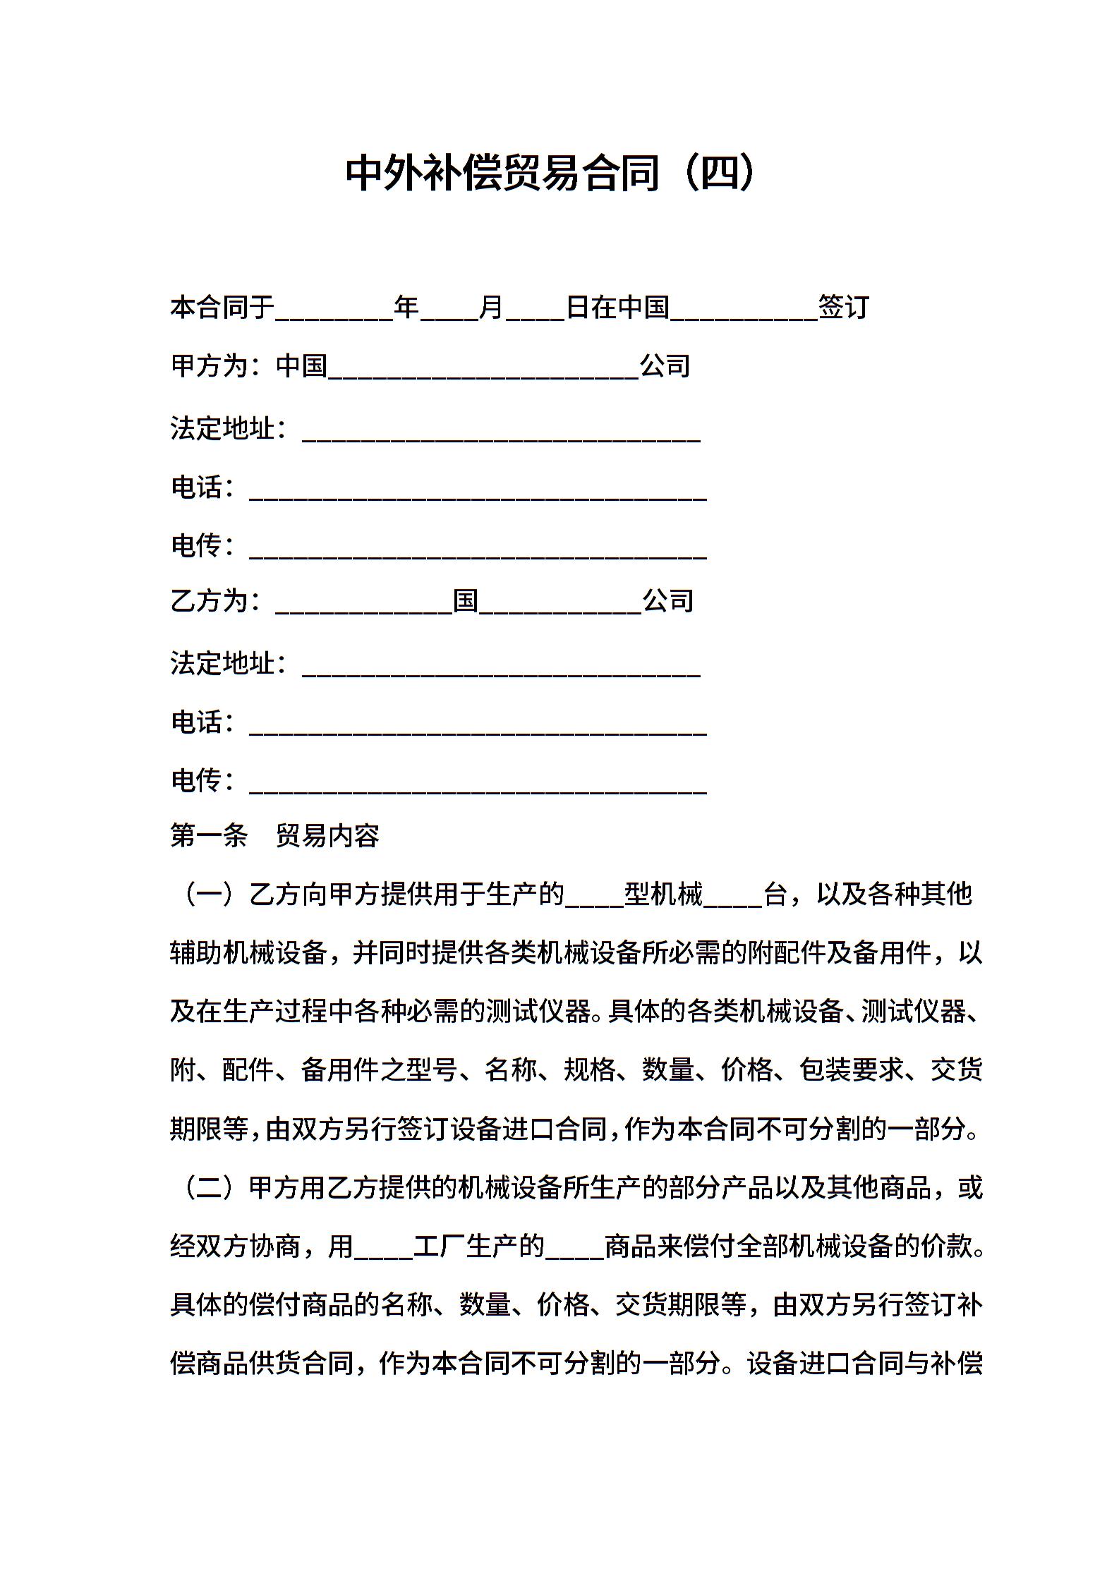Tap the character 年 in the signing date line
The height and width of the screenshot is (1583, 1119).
[406, 307]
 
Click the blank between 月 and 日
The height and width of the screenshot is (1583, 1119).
[536, 310]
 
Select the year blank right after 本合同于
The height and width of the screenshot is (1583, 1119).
[334, 310]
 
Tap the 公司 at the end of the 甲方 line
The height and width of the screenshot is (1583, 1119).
[665, 365]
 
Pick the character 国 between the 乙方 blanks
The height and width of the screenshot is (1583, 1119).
[466, 601]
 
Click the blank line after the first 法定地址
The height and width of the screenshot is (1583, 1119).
[501, 432]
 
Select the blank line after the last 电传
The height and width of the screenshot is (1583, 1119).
[478, 784]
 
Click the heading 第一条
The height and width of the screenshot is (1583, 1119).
[209, 836]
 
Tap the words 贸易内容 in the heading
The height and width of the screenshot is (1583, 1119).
[327, 836]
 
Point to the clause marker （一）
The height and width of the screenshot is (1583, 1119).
[208, 894]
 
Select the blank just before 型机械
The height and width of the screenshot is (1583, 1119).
[594, 898]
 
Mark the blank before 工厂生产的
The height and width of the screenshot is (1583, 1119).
[383, 1250]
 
